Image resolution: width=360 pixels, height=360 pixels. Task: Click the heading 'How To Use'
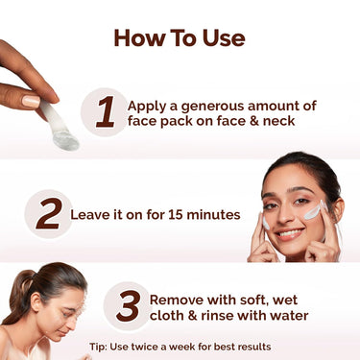click(180, 38)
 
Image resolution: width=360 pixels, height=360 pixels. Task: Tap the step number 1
click(106, 112)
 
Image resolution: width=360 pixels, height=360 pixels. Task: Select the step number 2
click(48, 213)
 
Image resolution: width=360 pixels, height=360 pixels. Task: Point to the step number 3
click(128, 306)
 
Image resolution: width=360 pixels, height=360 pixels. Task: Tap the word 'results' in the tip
click(252, 346)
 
